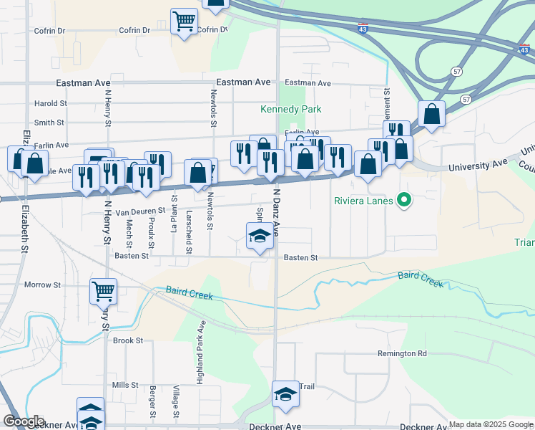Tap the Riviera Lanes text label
coord(363,201)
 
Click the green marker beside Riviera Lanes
coord(404,200)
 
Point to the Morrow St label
coord(42,285)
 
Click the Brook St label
coord(128,340)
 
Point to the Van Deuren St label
coord(141,211)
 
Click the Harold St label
coord(50,103)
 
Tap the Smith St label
coord(49,123)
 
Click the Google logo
coord(24,421)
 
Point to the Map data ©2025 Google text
coord(490,424)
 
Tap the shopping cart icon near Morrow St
coord(104,291)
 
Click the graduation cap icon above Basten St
coord(259,236)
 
